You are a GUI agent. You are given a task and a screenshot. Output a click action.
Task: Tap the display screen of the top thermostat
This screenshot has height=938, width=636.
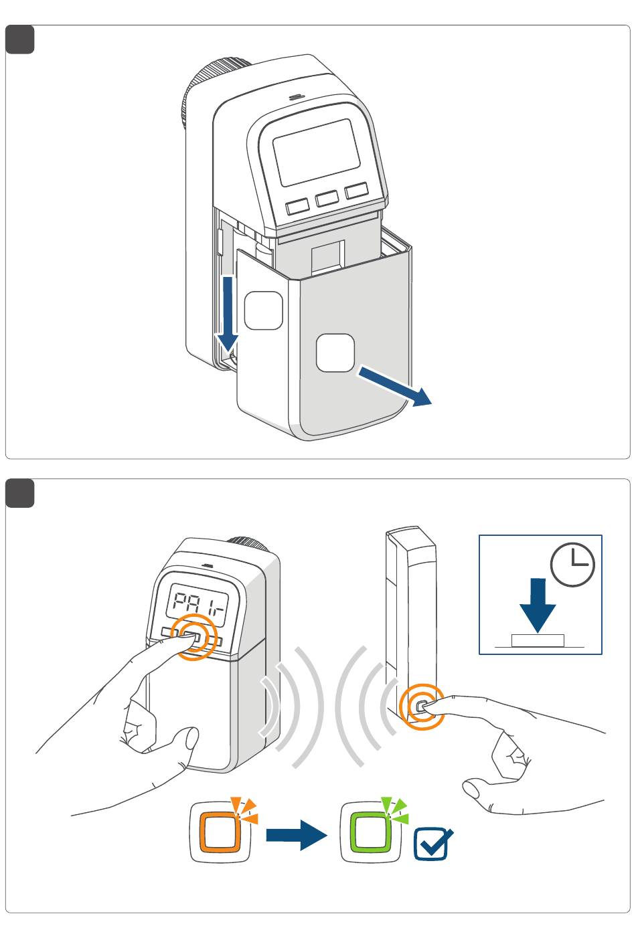point(317,152)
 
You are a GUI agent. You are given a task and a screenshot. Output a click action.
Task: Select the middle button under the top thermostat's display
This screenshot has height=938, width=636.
point(327,198)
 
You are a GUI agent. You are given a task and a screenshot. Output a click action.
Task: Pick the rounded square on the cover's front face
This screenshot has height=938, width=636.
point(335,353)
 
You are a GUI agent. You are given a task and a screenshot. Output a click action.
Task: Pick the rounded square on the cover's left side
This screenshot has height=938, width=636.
point(263,310)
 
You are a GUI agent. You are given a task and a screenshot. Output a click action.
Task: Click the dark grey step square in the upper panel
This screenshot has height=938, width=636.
point(20,39)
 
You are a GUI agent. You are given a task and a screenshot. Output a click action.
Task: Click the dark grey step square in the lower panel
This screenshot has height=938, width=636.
point(20,494)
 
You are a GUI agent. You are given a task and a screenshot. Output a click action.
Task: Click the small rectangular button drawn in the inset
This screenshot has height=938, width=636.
point(538,641)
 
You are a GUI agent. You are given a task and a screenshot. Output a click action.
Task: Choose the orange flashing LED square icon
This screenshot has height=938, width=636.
point(220,832)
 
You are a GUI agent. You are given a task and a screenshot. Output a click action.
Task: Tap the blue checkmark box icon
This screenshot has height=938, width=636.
point(432,844)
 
